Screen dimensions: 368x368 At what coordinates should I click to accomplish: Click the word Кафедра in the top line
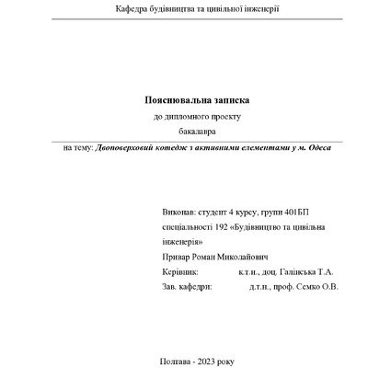coord(132,8)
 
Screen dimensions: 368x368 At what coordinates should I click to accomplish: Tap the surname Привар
coord(175,258)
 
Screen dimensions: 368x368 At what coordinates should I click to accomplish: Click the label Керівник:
coord(178,272)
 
